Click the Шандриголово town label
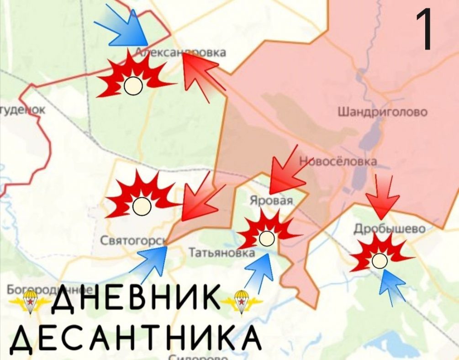[x=382, y=112]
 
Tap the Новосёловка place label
[x=338, y=161]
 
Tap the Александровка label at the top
[x=181, y=53]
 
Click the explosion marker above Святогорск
[x=141, y=198]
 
